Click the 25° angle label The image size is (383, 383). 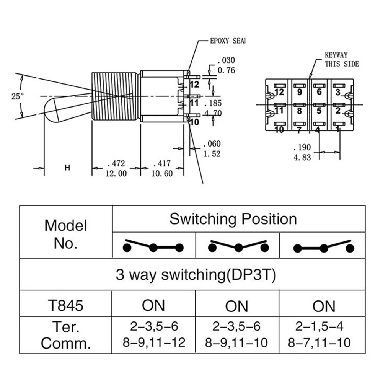pyautogui.click(x=18, y=96)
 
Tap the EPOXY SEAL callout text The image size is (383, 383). pyautogui.click(x=228, y=41)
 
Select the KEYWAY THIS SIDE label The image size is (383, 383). pyautogui.click(x=342, y=60)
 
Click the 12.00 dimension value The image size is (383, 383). pyautogui.click(x=116, y=173)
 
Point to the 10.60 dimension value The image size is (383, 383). pyautogui.click(x=162, y=173)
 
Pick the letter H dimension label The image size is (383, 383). pyautogui.click(x=67, y=168)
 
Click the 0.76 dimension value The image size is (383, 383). pyautogui.click(x=226, y=70)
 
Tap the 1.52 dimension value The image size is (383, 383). pyautogui.click(x=212, y=154)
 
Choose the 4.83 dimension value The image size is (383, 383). pyautogui.click(x=302, y=158)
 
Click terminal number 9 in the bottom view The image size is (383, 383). pyautogui.click(x=300, y=92)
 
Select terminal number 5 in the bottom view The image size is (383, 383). pyautogui.click(x=319, y=111)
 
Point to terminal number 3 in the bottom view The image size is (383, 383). pyautogui.click(x=338, y=92)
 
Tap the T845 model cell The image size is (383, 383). pyautogui.click(x=66, y=305)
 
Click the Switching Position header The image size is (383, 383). pyautogui.click(x=233, y=219)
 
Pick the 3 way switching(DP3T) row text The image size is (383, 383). pyautogui.click(x=196, y=275)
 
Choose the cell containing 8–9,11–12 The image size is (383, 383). pyautogui.click(x=154, y=334)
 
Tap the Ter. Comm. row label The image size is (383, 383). pyautogui.click(x=66, y=335)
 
